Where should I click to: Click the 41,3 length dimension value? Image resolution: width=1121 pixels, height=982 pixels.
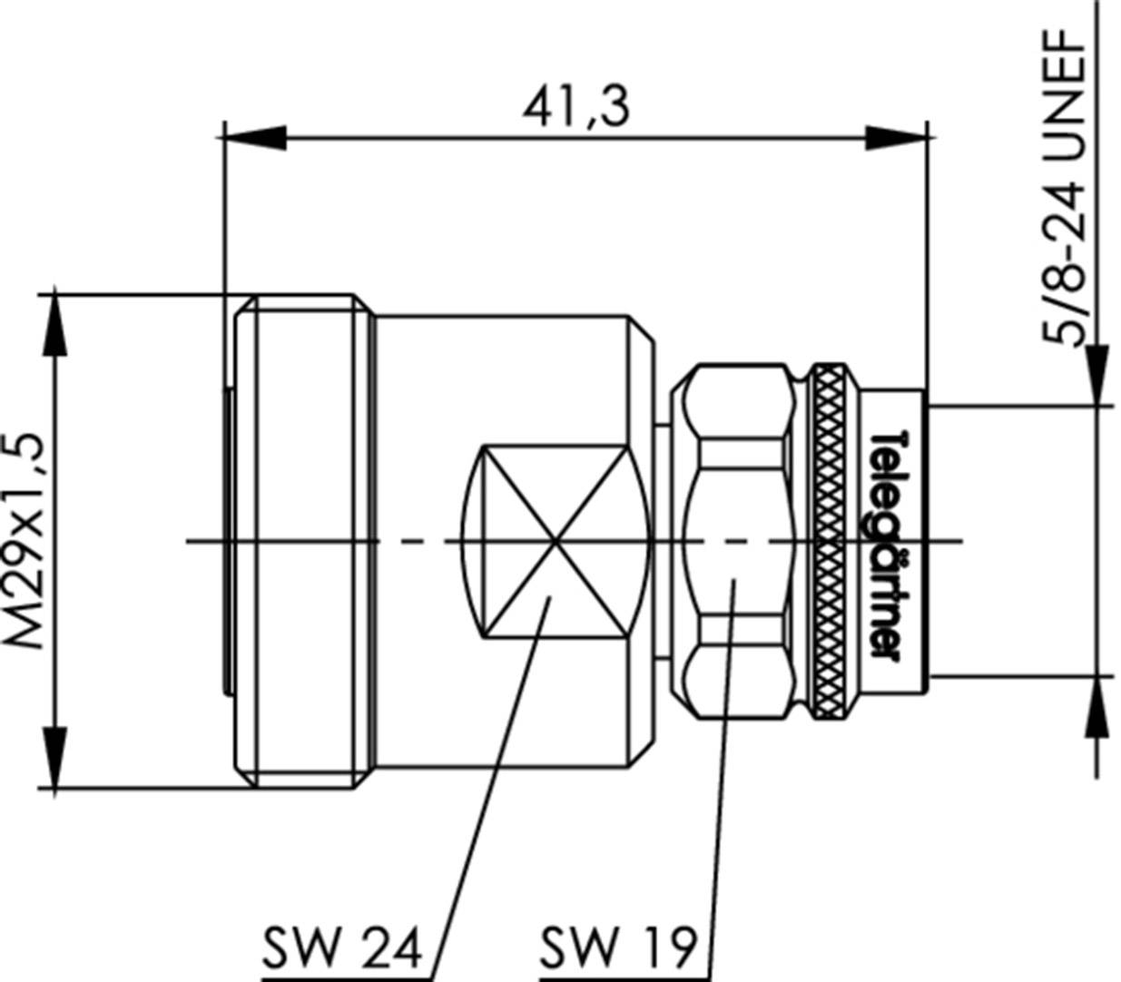point(575,107)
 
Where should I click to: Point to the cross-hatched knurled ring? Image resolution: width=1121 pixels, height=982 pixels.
point(828,542)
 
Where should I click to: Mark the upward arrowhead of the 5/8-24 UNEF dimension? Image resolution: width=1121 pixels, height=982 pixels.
point(1096,708)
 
